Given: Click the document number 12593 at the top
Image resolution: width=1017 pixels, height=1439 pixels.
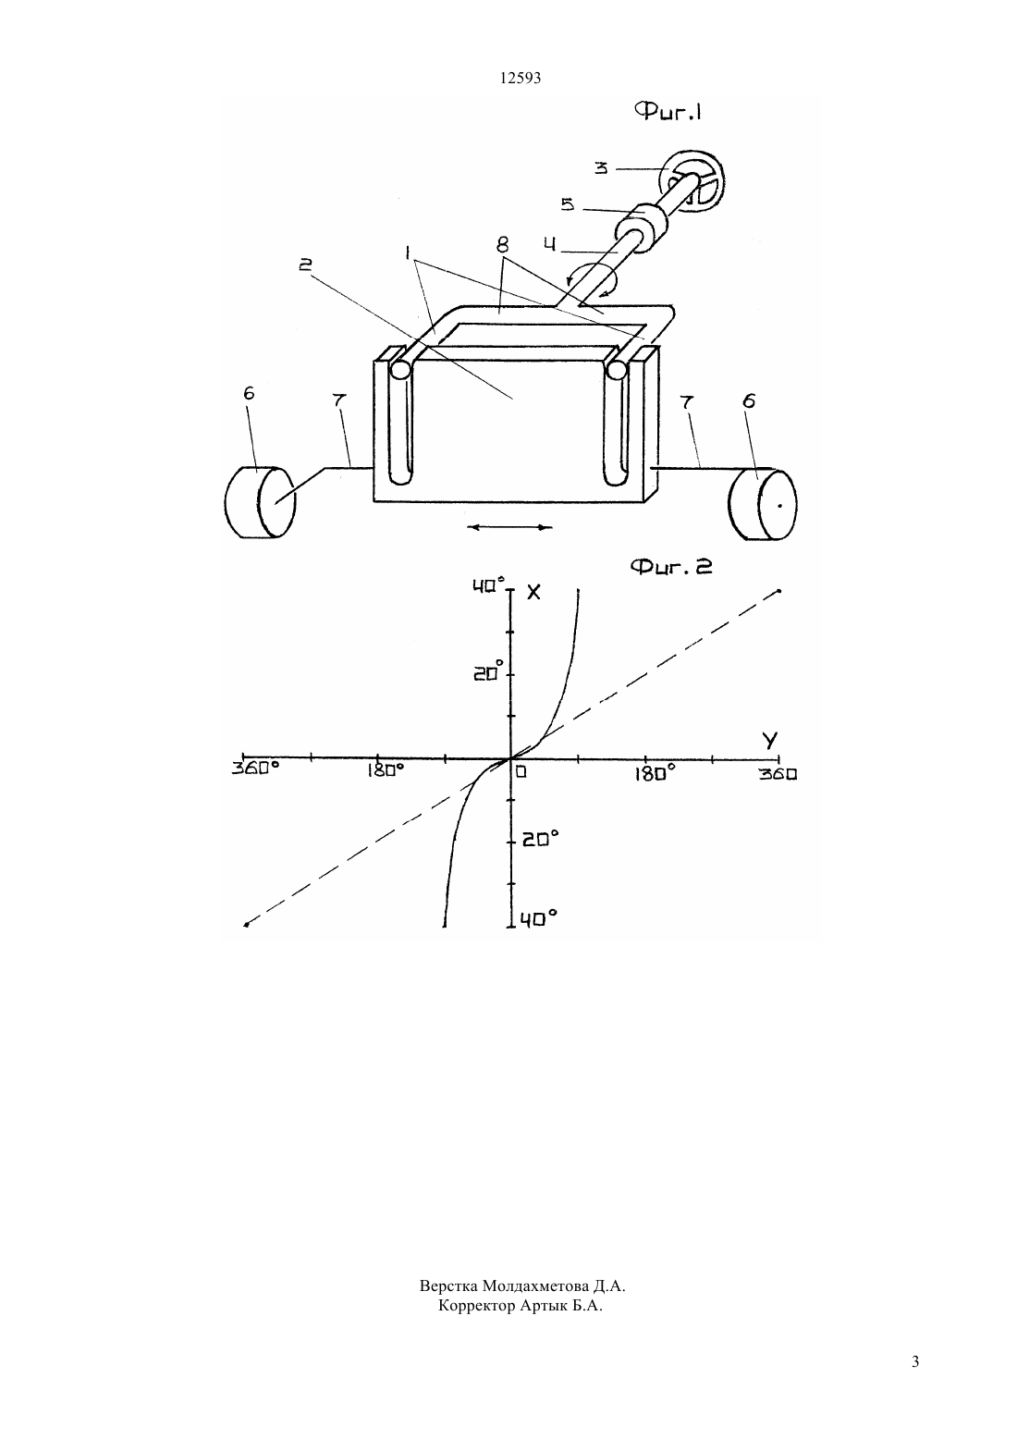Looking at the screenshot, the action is (520, 79).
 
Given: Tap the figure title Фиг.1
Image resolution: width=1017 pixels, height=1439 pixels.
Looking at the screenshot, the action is (668, 113).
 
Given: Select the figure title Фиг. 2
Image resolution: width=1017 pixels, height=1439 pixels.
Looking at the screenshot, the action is (671, 566).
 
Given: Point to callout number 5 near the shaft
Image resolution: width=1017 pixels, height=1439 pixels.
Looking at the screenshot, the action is (568, 204).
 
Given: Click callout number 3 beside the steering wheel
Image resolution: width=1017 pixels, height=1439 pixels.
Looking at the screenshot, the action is (601, 167).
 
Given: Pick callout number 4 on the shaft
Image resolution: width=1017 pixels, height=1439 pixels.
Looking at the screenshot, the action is (550, 245).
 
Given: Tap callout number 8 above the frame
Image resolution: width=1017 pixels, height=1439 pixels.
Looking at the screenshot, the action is (502, 244).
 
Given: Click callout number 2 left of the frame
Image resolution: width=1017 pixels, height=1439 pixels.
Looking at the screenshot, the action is (306, 264).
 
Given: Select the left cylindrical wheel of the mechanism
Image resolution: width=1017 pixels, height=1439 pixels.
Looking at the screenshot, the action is (260, 501).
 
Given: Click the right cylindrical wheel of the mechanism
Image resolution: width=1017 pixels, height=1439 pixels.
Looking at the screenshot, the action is (762, 504).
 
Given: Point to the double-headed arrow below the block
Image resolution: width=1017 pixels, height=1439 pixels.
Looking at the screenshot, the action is (509, 527).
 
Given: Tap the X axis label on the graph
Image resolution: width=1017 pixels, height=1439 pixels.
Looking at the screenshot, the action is (533, 592).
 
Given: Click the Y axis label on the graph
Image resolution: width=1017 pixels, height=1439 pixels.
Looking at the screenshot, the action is (770, 741).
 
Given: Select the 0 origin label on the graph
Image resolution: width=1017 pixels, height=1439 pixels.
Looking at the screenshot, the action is (521, 771).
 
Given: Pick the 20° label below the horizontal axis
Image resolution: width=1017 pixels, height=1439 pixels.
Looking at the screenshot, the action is (540, 838).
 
